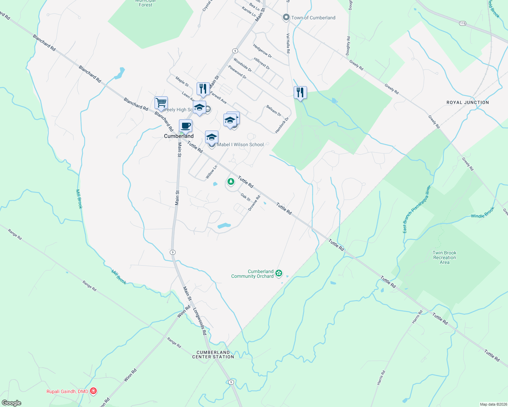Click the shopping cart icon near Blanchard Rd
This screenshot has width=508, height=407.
[x=161, y=102]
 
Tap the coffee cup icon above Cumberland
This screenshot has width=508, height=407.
[x=185, y=126]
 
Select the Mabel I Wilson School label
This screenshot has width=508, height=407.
[x=240, y=144]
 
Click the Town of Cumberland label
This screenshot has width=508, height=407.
[x=313, y=18]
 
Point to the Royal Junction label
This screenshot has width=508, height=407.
[x=468, y=102]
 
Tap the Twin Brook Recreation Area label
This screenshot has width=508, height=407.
[x=445, y=257]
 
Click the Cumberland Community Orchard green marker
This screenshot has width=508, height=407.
[x=279, y=273]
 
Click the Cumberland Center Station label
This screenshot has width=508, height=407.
[x=213, y=354]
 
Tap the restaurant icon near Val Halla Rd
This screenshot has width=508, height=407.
[x=300, y=92]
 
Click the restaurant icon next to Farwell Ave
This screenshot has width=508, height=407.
[x=203, y=89]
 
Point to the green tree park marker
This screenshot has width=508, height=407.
[x=231, y=182]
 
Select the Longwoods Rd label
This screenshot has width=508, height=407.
[x=200, y=321]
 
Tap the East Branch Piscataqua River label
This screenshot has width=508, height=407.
[x=417, y=209]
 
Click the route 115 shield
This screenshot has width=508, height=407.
[x=463, y=23]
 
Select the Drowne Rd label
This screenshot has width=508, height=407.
[x=254, y=203]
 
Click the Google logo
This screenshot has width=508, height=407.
[x=12, y=403]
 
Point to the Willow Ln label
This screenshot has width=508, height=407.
[x=211, y=172]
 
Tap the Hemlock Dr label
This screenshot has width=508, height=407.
[x=282, y=125]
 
